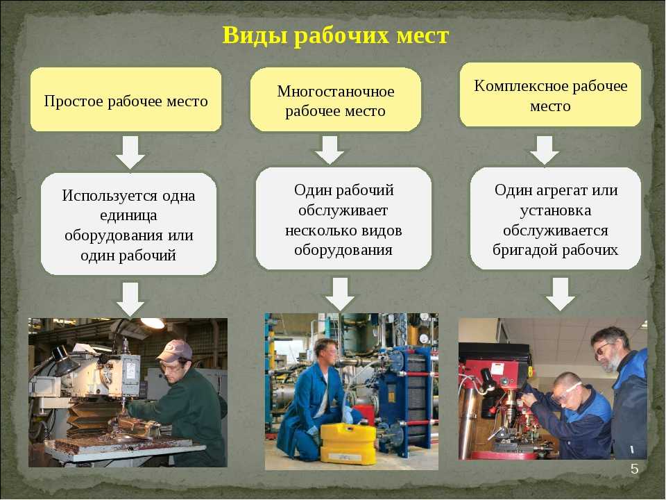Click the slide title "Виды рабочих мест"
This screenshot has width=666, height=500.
click(x=335, y=35)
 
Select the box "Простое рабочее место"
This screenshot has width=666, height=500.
click(x=126, y=99)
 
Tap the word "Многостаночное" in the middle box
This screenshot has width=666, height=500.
click(x=336, y=92)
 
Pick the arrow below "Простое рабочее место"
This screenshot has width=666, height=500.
click(x=130, y=152)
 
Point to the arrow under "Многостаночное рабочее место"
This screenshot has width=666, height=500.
click(x=330, y=150)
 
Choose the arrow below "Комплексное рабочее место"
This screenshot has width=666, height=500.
click(x=545, y=150)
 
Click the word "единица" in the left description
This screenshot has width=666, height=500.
click(x=128, y=215)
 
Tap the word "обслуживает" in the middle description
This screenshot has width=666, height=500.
click(x=343, y=210)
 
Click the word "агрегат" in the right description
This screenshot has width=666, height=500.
click(x=563, y=190)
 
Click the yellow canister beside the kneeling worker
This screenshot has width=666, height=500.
click(x=348, y=442)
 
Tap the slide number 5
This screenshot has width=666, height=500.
click(x=635, y=469)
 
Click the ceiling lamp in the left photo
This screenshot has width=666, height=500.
click(x=153, y=323)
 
